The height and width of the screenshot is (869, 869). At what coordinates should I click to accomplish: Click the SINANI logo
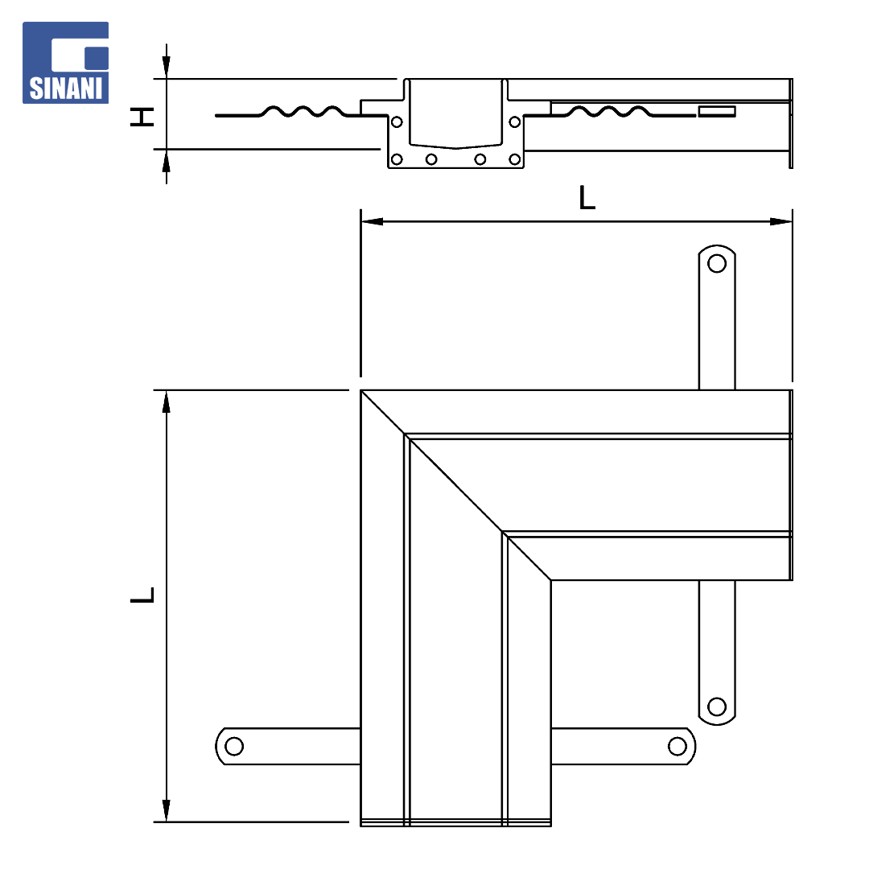[x=65, y=63]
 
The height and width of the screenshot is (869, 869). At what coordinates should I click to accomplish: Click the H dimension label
[x=142, y=117]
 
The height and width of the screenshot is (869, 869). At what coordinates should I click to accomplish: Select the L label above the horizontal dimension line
[x=587, y=198]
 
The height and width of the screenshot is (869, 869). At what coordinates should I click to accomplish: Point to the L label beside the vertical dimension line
[x=142, y=595]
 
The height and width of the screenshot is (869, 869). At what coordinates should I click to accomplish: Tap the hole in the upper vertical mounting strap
[x=717, y=263]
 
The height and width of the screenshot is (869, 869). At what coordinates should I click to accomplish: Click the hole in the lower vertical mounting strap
[x=717, y=706]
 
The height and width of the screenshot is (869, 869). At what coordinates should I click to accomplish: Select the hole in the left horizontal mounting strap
[x=234, y=746]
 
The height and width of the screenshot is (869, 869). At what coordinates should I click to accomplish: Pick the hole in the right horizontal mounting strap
[x=677, y=746]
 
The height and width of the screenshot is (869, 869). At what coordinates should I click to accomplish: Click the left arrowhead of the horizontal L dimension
[x=372, y=222]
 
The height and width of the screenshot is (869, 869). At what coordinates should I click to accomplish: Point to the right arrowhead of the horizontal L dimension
[x=781, y=222]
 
